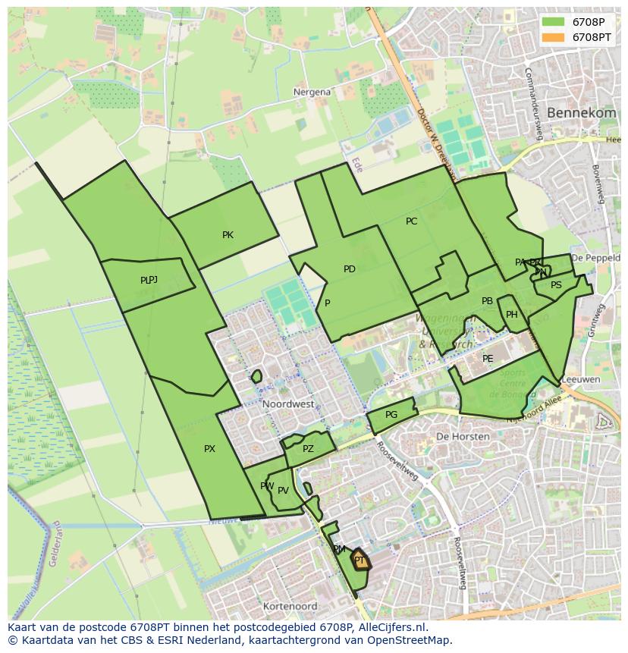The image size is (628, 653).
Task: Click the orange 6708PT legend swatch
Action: [554, 36]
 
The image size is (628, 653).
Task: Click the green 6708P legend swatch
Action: [554, 21]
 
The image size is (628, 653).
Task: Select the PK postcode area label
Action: [228, 235]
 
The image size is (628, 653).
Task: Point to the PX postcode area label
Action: [209, 449]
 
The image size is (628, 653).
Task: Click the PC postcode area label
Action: [411, 221]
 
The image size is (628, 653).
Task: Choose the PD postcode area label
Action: [349, 269]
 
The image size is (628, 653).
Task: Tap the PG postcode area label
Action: [391, 415]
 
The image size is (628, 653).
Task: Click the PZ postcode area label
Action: [308, 449]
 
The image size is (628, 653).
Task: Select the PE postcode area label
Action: [488, 359]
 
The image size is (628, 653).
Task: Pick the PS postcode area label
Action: [556, 285]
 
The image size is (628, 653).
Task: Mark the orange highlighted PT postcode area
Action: [361, 561]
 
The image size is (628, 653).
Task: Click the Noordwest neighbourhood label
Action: [288, 404]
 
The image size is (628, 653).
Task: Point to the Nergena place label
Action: [312, 92]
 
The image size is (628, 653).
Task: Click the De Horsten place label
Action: [454, 437]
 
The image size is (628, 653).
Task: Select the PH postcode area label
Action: [512, 315]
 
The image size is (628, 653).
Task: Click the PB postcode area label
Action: [487, 301]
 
